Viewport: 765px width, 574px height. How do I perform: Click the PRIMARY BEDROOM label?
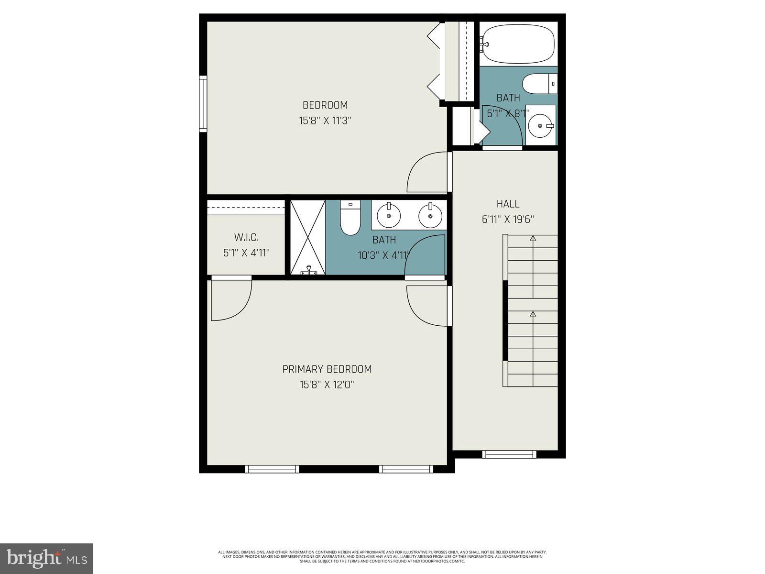[327, 369]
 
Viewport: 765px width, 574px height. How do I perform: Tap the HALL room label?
[508, 204]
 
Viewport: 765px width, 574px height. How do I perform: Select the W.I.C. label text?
[246, 237]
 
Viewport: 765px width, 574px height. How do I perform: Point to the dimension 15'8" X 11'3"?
[325, 121]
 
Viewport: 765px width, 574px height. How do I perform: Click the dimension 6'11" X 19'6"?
[508, 220]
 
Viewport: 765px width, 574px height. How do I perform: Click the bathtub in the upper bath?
[517, 44]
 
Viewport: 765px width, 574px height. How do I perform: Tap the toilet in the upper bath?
[539, 84]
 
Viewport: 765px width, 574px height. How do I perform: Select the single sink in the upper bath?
[541, 125]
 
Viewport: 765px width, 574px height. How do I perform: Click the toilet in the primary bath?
[350, 218]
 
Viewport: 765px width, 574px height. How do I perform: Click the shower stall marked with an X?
[308, 237]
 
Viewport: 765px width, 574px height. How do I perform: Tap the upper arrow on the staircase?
[533, 238]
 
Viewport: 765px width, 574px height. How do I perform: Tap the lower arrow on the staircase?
[533, 314]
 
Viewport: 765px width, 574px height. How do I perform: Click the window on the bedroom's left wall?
[203, 104]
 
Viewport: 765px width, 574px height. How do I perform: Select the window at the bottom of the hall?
[509, 454]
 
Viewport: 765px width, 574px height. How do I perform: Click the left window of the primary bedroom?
[272, 469]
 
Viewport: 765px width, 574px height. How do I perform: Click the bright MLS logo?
[46, 558]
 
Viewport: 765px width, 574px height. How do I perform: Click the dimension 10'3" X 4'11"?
[384, 255]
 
